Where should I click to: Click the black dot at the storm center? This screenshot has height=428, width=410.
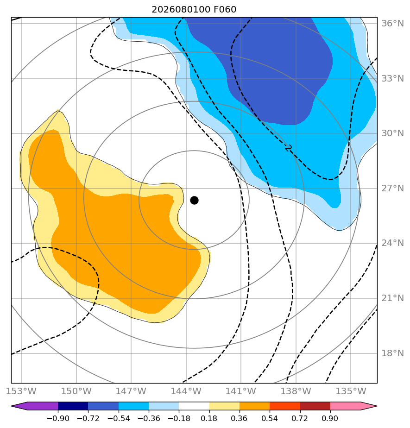click(x=194, y=201)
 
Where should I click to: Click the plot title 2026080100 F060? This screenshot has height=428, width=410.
click(x=194, y=10)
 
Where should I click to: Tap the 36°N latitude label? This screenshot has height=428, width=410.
click(x=392, y=24)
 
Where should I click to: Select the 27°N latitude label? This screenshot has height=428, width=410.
click(x=392, y=189)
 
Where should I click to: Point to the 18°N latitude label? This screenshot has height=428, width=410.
click(x=392, y=353)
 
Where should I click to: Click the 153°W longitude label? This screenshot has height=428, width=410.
click(x=21, y=391)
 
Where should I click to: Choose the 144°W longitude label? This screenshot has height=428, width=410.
click(x=186, y=391)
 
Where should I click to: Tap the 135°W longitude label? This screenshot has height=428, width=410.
click(x=351, y=391)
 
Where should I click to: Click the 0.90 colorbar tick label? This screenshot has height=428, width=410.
click(x=330, y=418)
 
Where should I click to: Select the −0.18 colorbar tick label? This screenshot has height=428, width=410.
click(x=179, y=418)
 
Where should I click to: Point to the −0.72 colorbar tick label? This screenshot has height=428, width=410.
click(x=88, y=418)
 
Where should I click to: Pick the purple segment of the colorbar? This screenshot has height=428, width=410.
click(x=34, y=406)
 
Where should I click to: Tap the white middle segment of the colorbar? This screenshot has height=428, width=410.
click(x=194, y=406)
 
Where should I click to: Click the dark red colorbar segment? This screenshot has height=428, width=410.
click(x=315, y=406)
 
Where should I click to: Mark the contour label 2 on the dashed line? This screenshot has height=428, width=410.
click(x=289, y=148)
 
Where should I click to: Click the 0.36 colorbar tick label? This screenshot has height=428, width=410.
click(x=240, y=418)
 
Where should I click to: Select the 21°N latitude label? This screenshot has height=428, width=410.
click(x=392, y=298)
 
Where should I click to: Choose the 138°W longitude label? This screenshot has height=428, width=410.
click(x=296, y=391)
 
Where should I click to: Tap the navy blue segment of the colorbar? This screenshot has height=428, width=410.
click(x=73, y=406)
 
